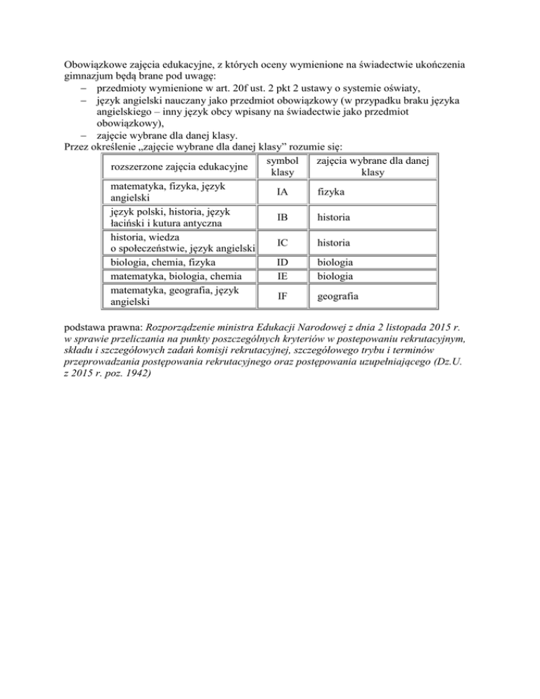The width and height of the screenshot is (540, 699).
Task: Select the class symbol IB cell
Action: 281,217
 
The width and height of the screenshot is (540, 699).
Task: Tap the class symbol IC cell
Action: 281,243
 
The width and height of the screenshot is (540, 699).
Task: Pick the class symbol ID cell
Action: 281,263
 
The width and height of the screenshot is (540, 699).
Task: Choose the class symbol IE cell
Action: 281,276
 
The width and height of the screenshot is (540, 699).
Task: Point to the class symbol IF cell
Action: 281,297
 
